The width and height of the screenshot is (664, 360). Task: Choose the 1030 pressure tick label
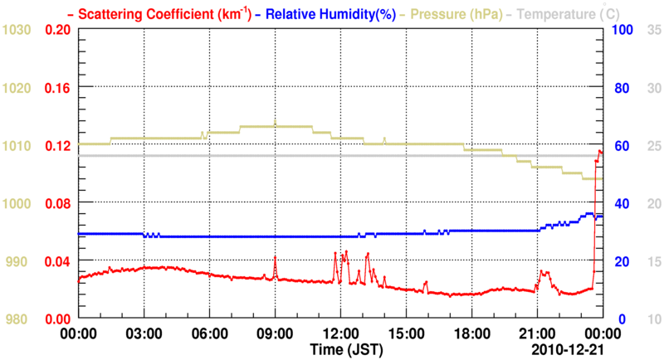17,30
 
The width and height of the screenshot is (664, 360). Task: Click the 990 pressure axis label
17,261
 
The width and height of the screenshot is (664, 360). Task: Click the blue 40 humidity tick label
619,203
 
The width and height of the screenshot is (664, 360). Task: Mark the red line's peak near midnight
600,151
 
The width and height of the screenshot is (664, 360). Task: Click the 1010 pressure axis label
17,146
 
